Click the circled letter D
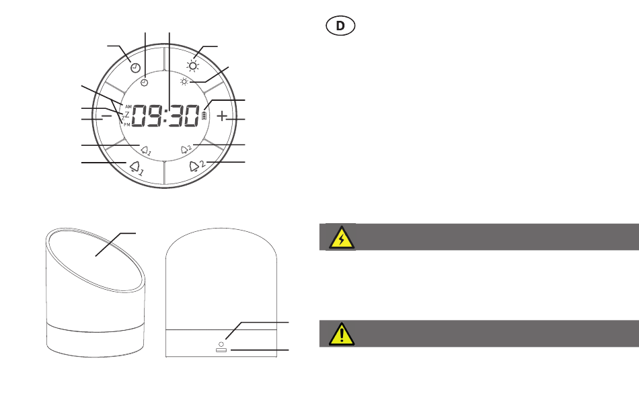pos(340,26)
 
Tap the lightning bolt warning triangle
pos(342,237)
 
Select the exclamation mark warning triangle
pos(342,334)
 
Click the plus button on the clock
pos(221,116)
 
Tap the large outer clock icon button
pos(135,68)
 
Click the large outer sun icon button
pos(193,66)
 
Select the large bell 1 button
pos(137,168)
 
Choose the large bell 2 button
pos(197,166)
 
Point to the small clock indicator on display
pos(144,83)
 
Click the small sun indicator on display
pos(184,82)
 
